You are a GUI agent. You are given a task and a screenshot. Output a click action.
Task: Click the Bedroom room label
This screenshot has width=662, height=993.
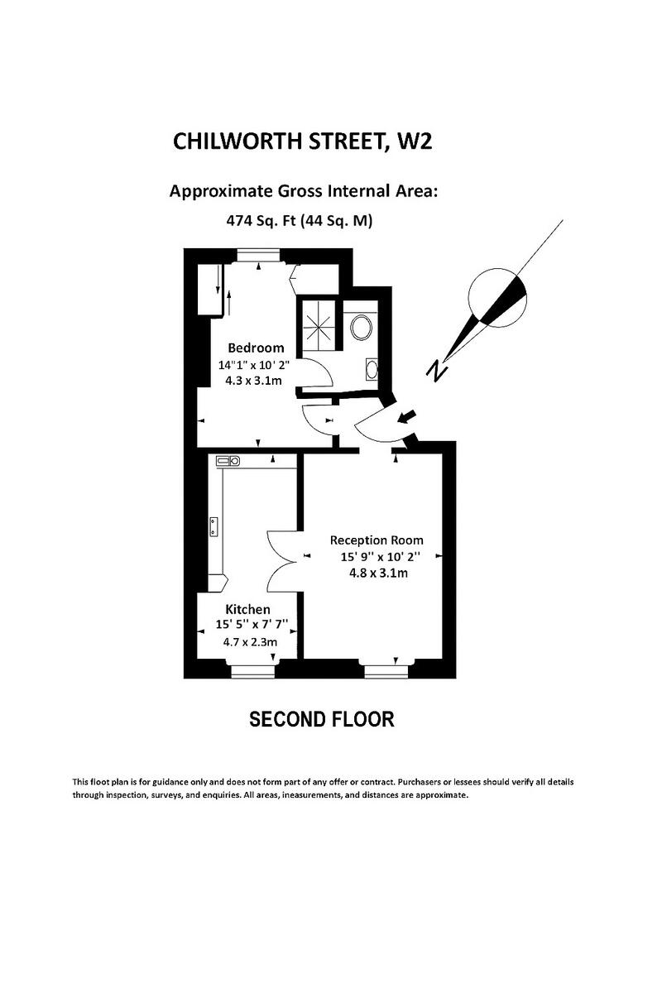point(256,348)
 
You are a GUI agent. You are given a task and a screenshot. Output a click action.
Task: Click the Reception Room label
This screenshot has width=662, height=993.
point(377,540)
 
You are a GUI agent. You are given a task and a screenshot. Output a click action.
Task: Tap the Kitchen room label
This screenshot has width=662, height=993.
point(247,609)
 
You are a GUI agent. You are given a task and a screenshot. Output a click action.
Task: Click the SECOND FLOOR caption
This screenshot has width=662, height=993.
point(322,719)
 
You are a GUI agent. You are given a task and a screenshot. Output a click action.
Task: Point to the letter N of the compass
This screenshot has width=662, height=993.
point(436,370)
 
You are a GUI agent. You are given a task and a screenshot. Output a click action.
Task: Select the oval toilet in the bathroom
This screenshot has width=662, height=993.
point(362,326)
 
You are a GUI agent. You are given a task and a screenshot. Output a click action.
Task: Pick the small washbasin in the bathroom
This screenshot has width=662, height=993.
point(372,368)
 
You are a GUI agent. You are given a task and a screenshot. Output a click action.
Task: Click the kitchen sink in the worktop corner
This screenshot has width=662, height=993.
point(227,460)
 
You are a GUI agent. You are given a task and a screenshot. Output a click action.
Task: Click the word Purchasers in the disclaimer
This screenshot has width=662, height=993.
point(425,781)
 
